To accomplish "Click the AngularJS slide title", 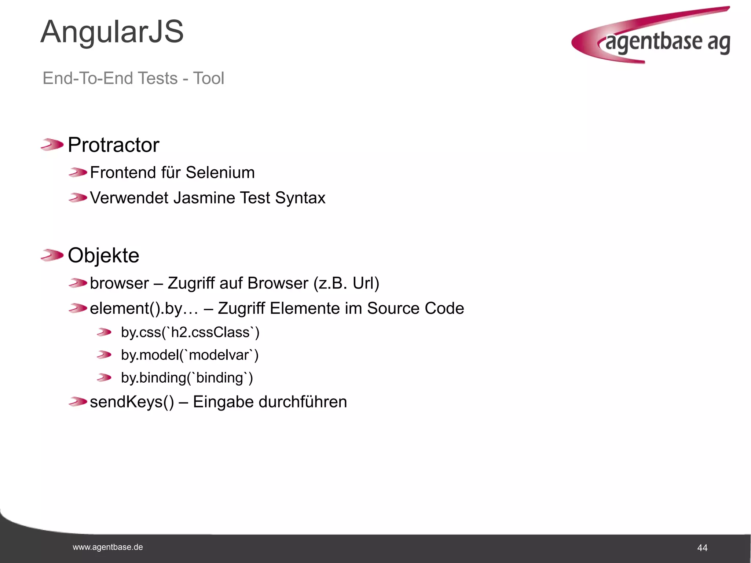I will coord(112,32).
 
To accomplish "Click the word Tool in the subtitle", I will coord(208,78).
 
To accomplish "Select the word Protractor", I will coord(114,145).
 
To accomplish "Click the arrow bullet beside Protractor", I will coord(52,144).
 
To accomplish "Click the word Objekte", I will coord(104,255).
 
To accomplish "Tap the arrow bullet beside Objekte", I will coord(52,255).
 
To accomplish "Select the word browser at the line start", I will coord(120,283).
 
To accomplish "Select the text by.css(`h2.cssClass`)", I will coord(190,332).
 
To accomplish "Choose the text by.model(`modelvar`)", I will coord(190,355).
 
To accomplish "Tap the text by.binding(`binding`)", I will coord(187,378).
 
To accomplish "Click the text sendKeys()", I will coord(132,402).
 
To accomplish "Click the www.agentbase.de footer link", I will coord(108,547).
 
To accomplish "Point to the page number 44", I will coord(702,548).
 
